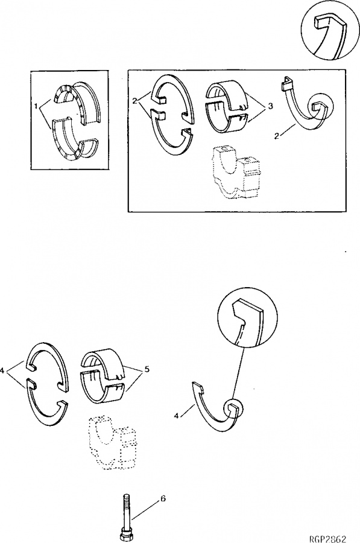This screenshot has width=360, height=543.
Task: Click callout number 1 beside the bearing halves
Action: coord(36,107)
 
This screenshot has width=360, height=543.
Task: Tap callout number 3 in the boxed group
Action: coord(270,107)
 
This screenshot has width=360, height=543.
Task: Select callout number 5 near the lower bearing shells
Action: coord(147,370)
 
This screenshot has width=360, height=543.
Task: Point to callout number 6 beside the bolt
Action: coord(163,499)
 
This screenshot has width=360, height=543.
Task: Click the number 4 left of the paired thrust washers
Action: coord(4,370)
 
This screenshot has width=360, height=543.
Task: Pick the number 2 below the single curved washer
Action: coord(276,136)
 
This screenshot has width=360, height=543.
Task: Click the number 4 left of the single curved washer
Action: coord(177,416)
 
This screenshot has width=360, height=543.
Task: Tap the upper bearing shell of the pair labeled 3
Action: coord(227,92)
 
